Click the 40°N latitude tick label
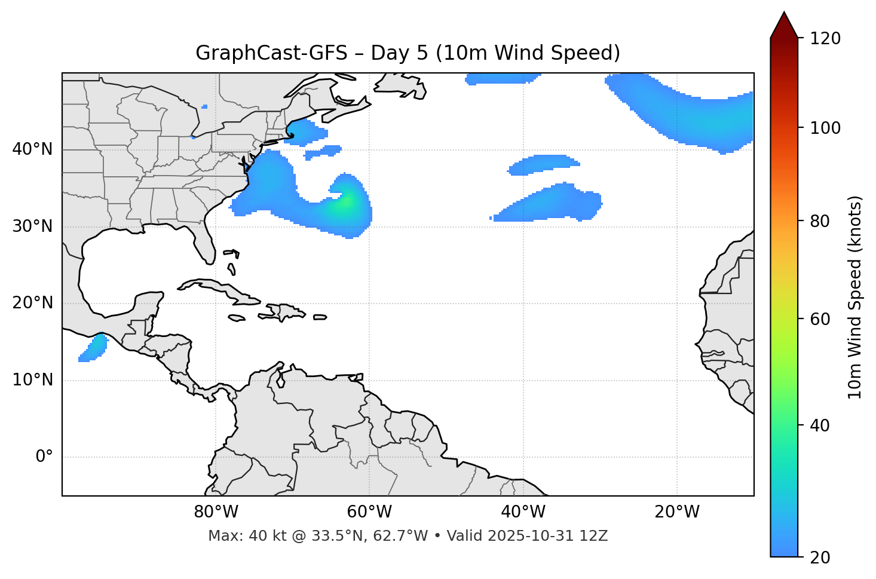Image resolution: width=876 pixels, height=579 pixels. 32,149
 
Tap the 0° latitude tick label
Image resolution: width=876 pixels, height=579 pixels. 44,457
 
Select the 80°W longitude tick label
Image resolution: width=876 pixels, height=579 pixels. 216,512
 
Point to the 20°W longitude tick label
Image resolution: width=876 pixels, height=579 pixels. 677,512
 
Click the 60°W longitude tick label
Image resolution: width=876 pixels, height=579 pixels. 369,512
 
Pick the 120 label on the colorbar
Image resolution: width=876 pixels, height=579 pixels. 825,39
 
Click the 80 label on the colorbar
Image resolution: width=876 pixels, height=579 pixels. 820,221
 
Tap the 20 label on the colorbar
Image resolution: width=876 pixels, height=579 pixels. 820,557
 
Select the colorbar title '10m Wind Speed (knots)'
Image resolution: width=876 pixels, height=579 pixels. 855,297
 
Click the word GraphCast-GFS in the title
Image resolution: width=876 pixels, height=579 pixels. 271,53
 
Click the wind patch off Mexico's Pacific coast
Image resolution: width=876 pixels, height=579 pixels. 93,348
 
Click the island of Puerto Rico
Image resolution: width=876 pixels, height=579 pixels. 320,317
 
